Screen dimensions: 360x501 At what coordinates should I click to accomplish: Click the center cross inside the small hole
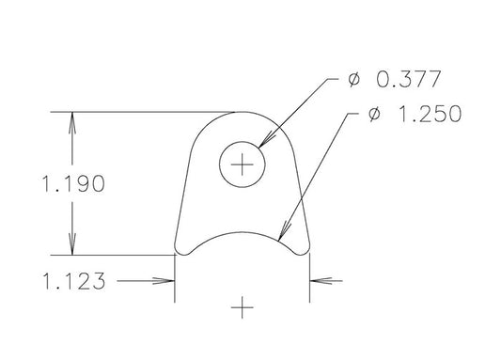(x=243, y=166)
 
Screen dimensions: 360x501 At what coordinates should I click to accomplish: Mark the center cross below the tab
(x=243, y=307)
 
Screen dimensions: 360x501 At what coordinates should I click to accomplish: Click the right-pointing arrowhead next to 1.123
(x=168, y=280)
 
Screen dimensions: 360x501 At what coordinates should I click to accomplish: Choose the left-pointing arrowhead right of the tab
(x=317, y=280)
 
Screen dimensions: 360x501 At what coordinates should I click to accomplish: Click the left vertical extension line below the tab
(x=176, y=282)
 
